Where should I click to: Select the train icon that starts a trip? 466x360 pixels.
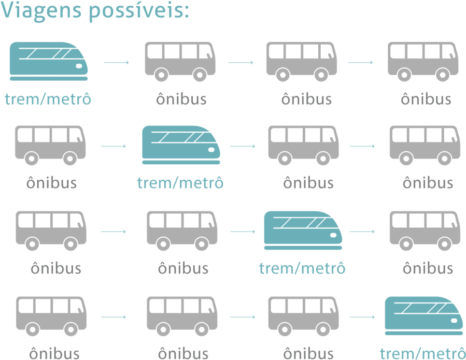click(x=49, y=60)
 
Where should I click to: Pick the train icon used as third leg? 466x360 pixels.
click(x=303, y=230)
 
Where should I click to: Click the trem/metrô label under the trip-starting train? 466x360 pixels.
click(x=48, y=100)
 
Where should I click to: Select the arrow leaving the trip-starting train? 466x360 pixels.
click(x=116, y=62)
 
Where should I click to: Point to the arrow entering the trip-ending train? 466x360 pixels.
click(x=362, y=317)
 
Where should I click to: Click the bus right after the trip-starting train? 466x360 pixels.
click(x=180, y=61)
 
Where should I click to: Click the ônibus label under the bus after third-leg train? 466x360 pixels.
click(x=427, y=268)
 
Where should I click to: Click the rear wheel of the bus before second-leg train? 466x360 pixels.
click(x=31, y=158)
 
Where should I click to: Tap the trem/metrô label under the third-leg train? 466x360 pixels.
click(x=302, y=268)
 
